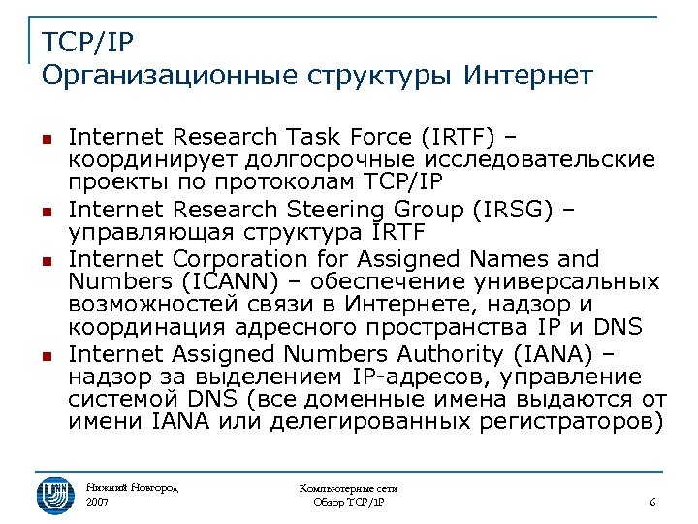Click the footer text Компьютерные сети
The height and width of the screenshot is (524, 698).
(349, 489)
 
